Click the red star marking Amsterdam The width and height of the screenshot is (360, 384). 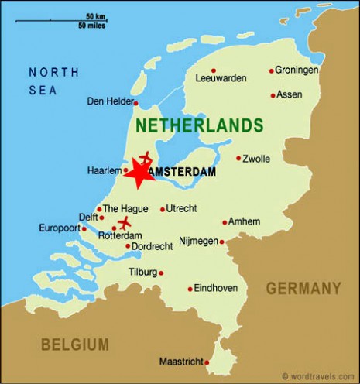[139, 173]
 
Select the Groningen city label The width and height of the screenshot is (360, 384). [297, 70]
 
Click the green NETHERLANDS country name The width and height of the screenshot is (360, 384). [199, 125]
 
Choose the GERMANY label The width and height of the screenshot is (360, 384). [303, 288]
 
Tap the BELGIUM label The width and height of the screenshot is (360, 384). [75, 344]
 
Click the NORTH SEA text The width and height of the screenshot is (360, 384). [53, 81]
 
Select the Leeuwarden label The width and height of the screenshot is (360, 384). [221, 77]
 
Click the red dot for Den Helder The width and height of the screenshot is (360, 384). [135, 102]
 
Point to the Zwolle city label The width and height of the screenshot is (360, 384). [256, 159]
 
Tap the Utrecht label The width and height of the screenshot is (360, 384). [182, 208]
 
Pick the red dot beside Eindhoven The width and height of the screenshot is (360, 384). [190, 290]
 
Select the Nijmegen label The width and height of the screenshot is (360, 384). [197, 241]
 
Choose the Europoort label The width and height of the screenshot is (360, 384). [58, 228]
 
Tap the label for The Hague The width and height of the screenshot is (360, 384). [125, 208]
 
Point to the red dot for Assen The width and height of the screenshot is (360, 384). [273, 95]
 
